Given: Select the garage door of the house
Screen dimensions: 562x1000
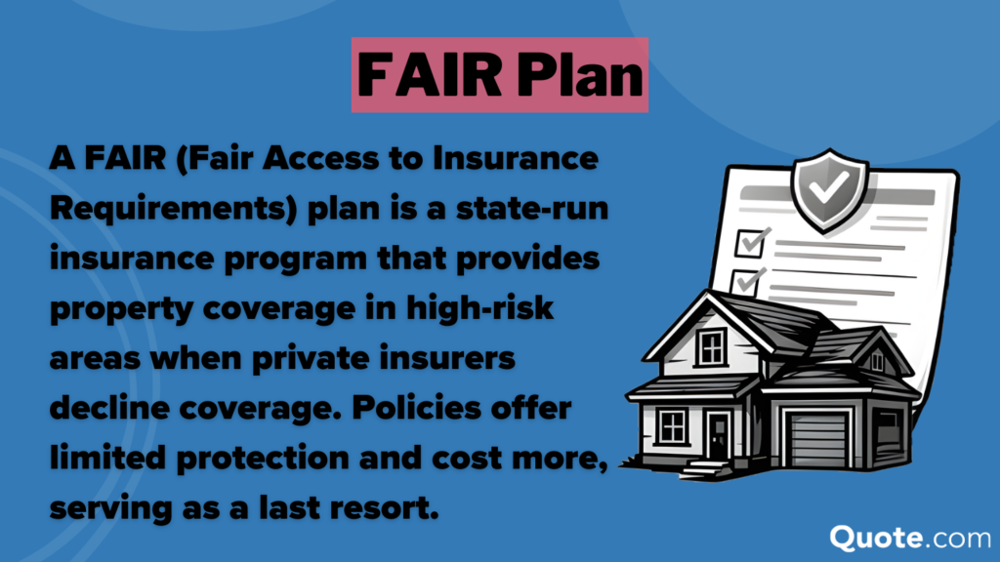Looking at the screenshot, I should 818,436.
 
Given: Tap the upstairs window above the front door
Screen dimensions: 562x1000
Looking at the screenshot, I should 712,345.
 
